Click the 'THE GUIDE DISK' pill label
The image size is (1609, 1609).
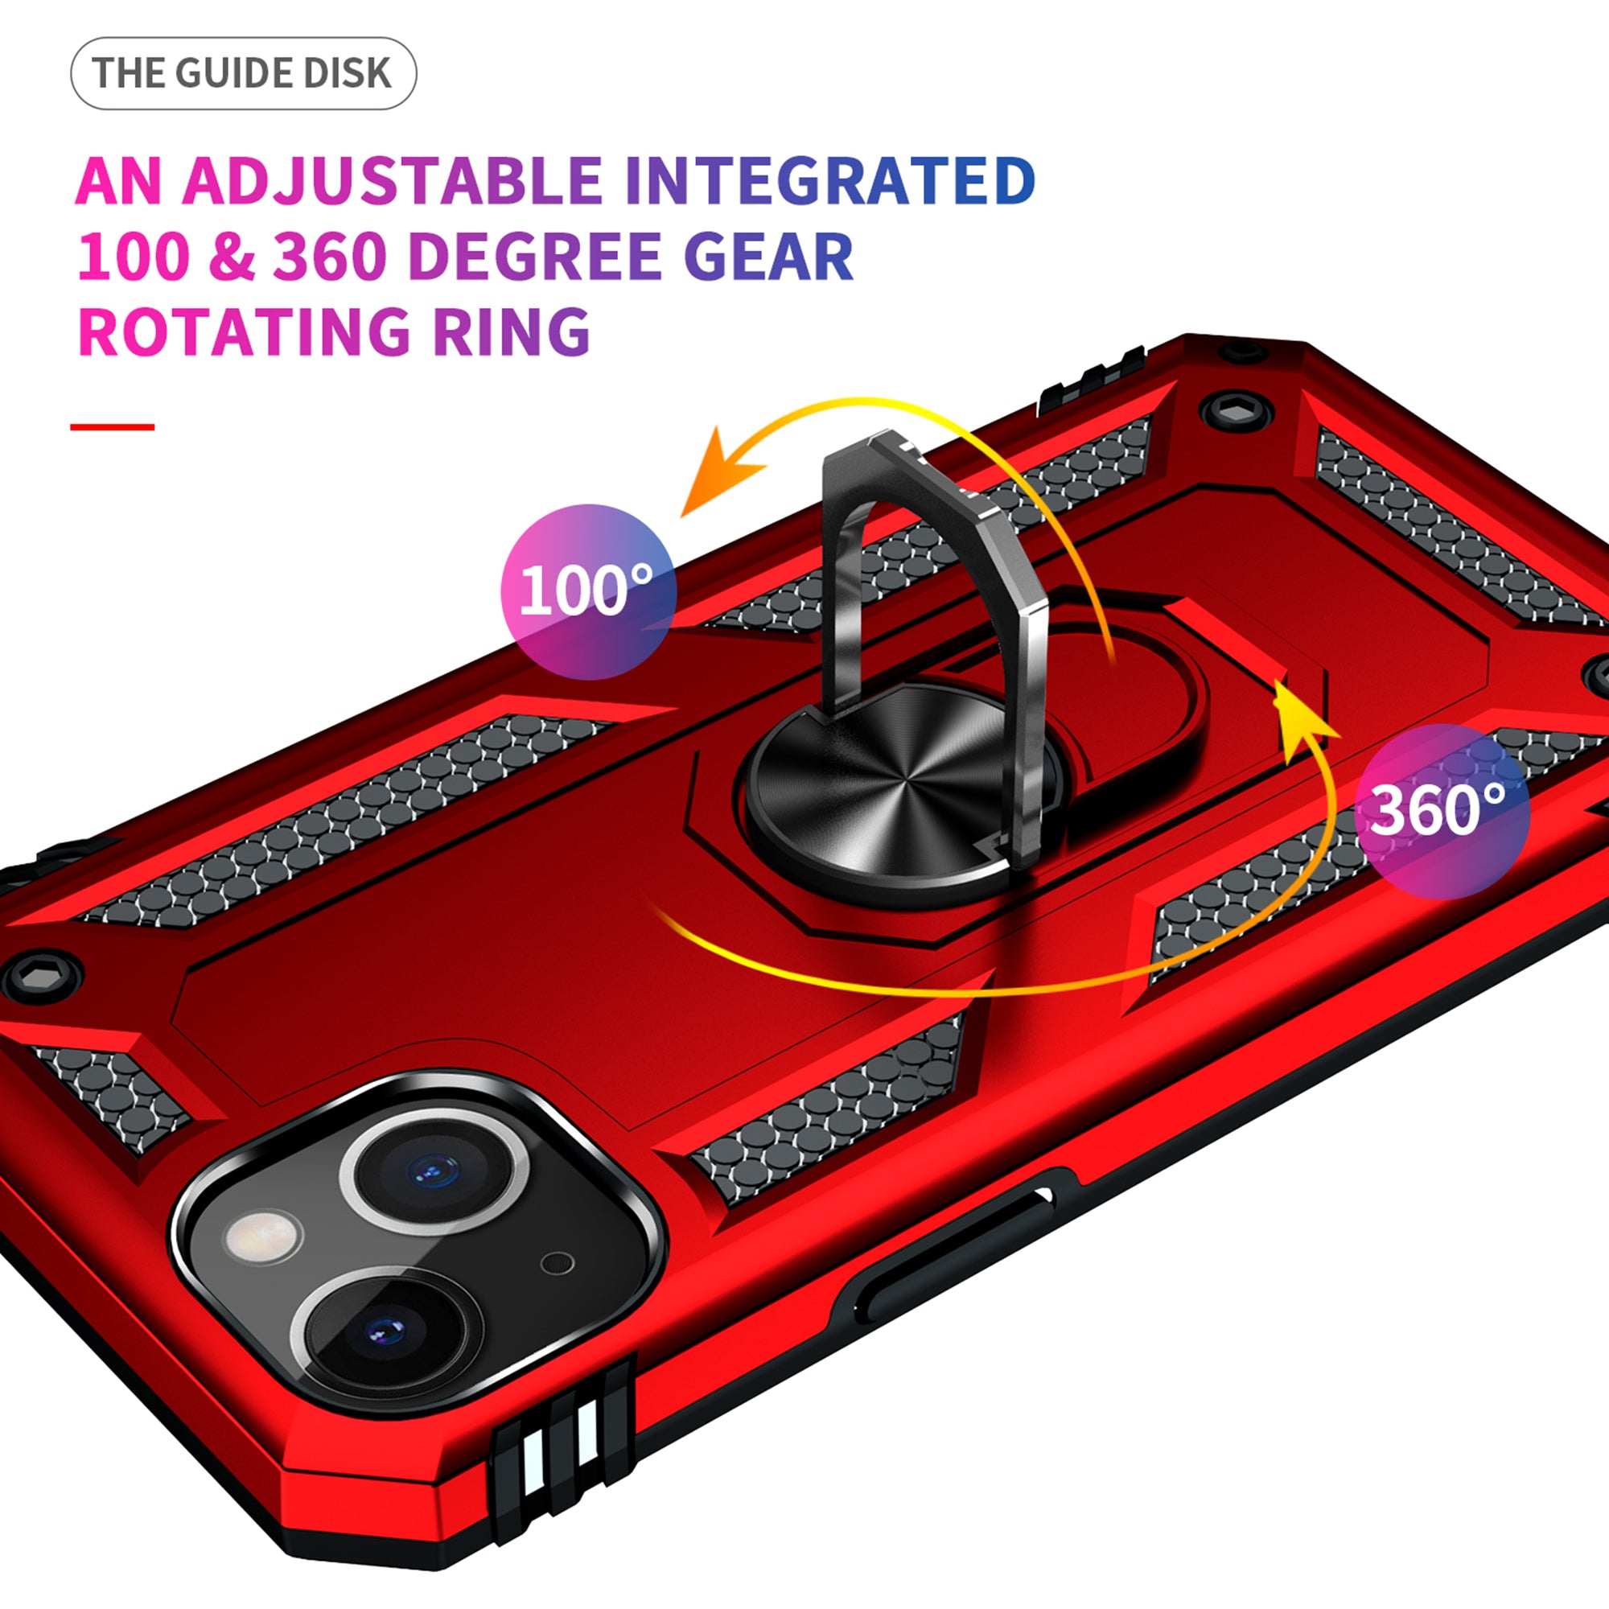pos(242,73)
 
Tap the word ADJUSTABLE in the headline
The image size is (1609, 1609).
pos(392,181)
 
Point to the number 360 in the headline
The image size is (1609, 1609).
pos(329,256)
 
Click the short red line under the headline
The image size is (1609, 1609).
pos(112,427)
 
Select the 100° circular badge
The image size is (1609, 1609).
pos(588,591)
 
